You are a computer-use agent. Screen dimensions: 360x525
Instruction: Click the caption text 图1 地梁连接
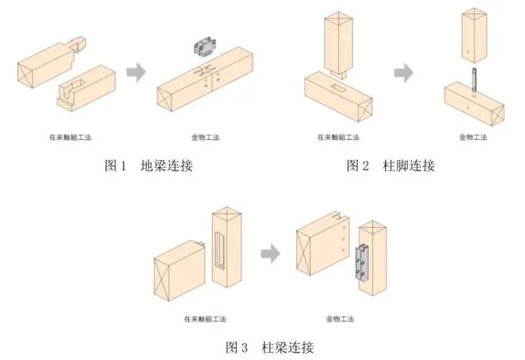(x=148, y=166)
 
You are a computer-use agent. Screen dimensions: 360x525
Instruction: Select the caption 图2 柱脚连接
(x=391, y=166)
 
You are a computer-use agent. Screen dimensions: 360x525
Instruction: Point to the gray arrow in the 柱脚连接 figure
(x=403, y=72)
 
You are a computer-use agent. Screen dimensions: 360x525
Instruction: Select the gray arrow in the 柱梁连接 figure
(x=270, y=254)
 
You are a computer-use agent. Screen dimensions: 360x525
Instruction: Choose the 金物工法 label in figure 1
(x=205, y=137)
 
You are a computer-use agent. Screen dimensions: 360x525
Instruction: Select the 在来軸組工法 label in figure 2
(x=338, y=137)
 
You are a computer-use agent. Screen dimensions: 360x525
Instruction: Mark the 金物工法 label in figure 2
(x=473, y=137)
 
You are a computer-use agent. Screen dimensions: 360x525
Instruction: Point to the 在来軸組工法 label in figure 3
(x=205, y=319)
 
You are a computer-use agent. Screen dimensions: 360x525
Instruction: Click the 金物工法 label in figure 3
(x=340, y=319)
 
